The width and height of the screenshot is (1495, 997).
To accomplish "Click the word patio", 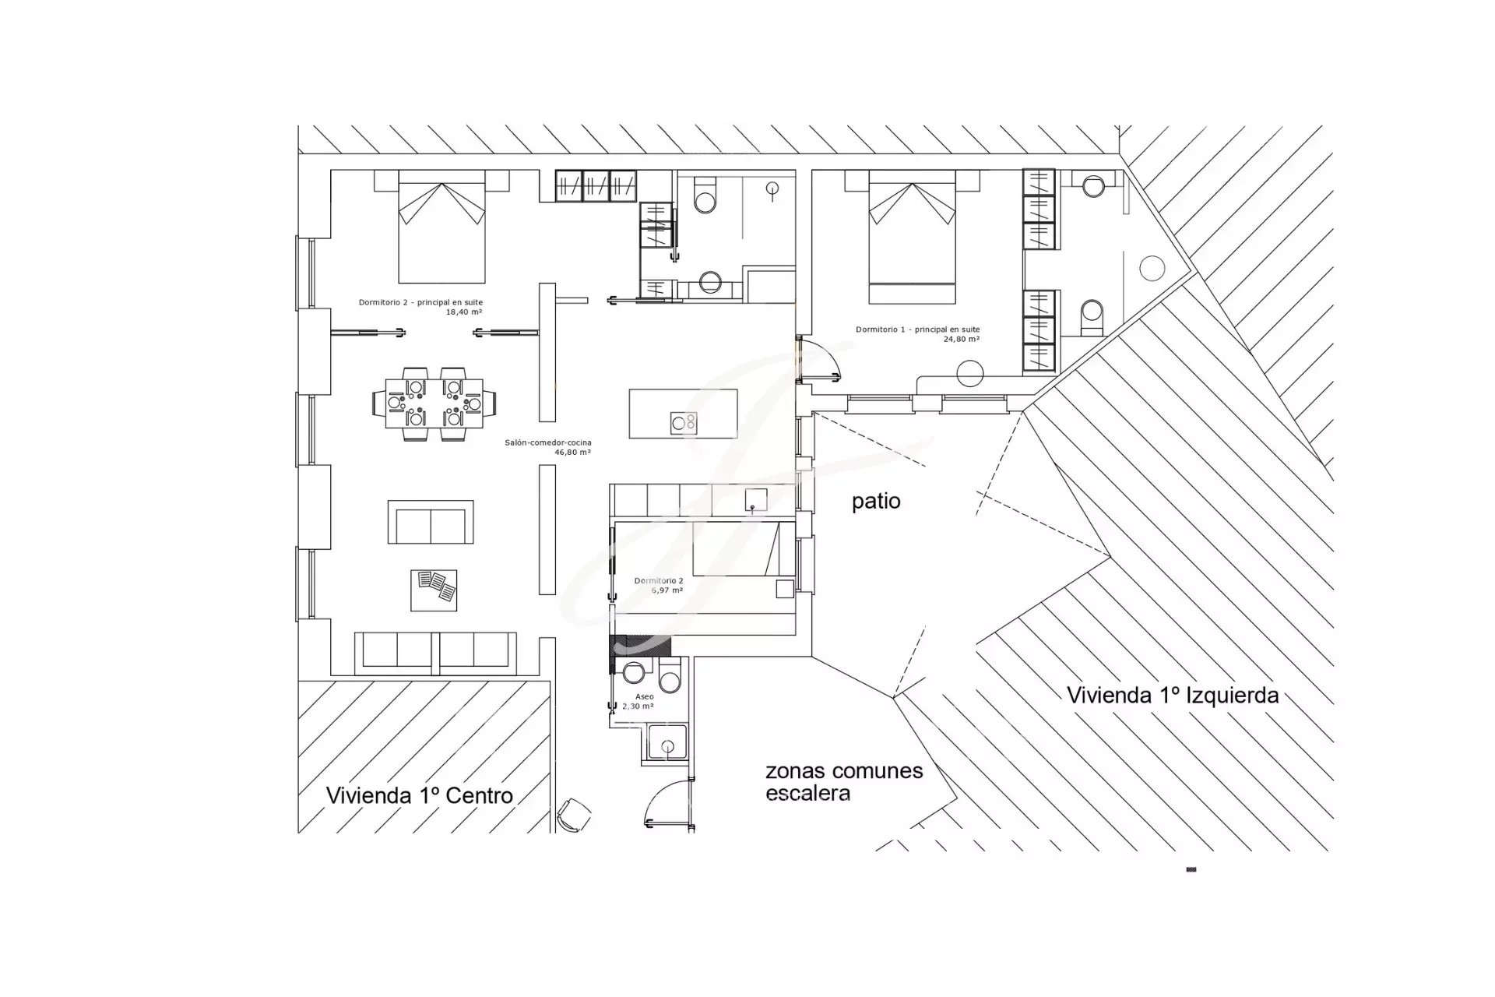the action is [876, 502].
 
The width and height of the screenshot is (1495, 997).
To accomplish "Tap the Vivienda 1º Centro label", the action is [420, 795].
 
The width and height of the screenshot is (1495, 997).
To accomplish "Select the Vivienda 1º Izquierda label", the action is [1173, 695].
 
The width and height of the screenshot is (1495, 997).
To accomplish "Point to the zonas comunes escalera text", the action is [844, 782].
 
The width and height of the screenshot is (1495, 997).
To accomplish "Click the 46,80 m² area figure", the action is [572, 452].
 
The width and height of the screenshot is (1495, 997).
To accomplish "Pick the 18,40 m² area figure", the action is [463, 312].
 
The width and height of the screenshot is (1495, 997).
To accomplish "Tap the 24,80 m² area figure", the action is [962, 339].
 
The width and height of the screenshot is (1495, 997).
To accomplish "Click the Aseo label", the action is [645, 696].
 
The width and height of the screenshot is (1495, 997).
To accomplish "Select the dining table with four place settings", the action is [434, 403].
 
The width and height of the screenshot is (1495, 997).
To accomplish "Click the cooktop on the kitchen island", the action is [684, 423].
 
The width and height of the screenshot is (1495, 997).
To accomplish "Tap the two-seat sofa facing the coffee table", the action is [431, 522].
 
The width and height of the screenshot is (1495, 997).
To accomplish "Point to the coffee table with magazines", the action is [434, 590].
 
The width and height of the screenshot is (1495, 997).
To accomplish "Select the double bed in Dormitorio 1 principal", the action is [913, 237].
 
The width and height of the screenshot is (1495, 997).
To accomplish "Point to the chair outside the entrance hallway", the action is [574, 815].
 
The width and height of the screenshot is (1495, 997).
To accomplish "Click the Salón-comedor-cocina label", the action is [548, 442].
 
